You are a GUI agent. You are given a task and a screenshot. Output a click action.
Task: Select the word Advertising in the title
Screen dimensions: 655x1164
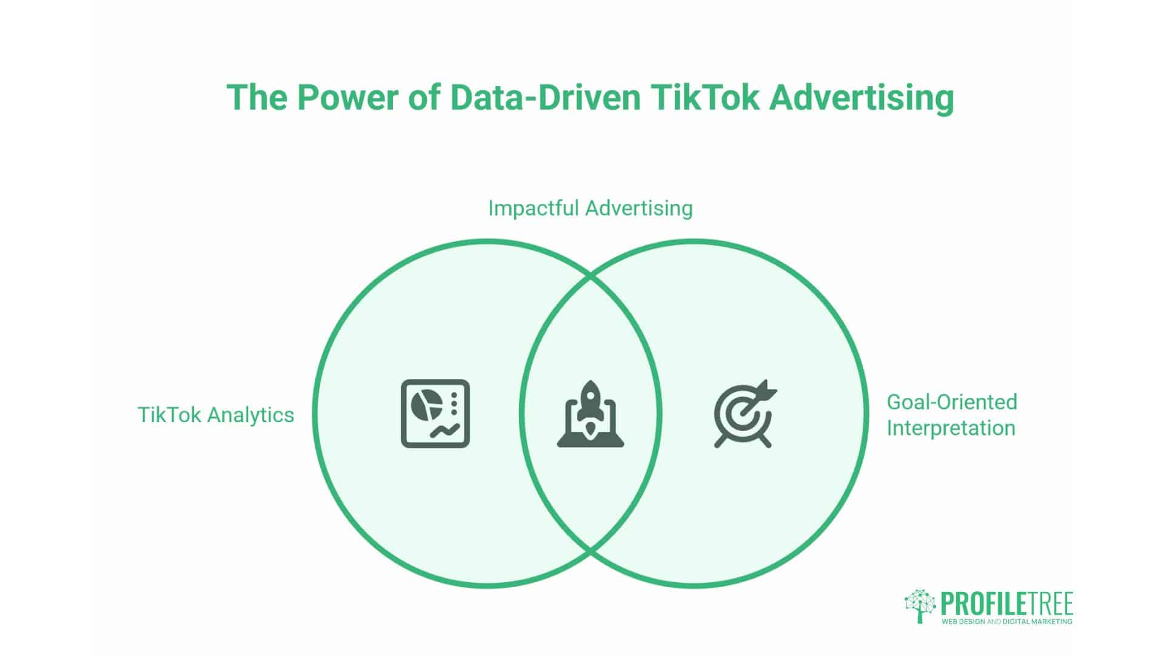[861, 98]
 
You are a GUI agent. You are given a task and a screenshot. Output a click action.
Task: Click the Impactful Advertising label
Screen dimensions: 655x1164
[590, 208]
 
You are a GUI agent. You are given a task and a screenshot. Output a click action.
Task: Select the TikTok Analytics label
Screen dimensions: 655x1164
[216, 415]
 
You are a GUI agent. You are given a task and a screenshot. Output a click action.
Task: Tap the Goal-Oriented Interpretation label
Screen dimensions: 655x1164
[951, 415]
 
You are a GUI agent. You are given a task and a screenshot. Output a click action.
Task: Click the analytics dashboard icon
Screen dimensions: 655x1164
[435, 414]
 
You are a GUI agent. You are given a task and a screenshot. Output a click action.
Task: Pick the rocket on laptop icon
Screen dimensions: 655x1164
[590, 414]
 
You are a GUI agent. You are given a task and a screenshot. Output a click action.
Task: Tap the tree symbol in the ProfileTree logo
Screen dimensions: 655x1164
[920, 605]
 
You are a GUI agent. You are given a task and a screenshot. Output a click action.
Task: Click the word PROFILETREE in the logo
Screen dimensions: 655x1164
[1006, 604]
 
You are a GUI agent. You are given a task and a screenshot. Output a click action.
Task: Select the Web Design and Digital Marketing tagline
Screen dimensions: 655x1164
[1006, 622]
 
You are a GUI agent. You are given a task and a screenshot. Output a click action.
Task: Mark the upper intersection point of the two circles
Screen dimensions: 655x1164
[590, 277]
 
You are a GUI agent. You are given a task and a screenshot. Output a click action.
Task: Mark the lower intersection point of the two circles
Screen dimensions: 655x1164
[590, 551]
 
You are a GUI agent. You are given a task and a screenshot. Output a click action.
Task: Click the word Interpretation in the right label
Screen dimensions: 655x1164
[951, 428]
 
